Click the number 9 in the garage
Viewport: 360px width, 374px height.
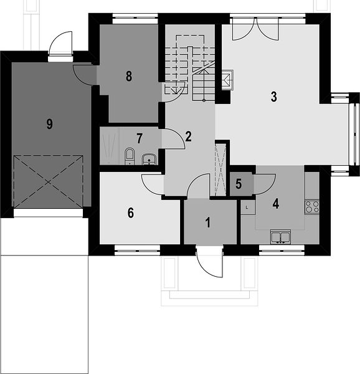49,124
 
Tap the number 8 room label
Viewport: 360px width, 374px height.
129,76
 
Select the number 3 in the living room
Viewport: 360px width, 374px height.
274,97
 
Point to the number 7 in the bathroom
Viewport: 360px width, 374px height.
140,138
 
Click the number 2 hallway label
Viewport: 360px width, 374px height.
188,137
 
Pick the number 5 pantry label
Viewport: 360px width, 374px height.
239,184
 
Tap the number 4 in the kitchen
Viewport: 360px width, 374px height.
276,204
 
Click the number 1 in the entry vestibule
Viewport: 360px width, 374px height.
208,223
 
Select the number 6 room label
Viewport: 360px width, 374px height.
131,213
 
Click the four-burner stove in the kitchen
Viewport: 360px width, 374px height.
312,207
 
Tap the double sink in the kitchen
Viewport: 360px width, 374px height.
280,237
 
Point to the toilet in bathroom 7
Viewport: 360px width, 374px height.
130,156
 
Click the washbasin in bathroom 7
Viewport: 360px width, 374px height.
149,160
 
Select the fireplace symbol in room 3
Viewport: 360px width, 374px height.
227,80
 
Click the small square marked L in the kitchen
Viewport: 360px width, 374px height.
247,208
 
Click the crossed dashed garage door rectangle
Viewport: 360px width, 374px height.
49,182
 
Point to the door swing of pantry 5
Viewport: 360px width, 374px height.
265,184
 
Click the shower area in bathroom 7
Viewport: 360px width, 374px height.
110,146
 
